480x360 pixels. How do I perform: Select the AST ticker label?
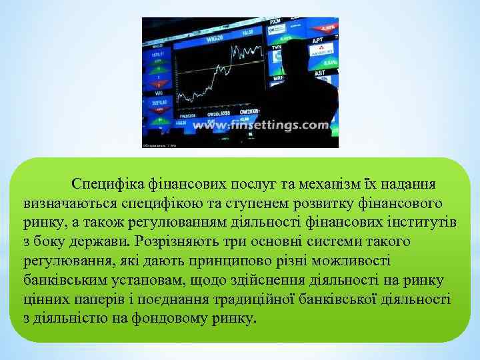pos(320,73)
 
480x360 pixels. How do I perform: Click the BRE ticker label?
pos(279,78)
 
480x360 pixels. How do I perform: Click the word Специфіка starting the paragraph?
pos(105,182)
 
